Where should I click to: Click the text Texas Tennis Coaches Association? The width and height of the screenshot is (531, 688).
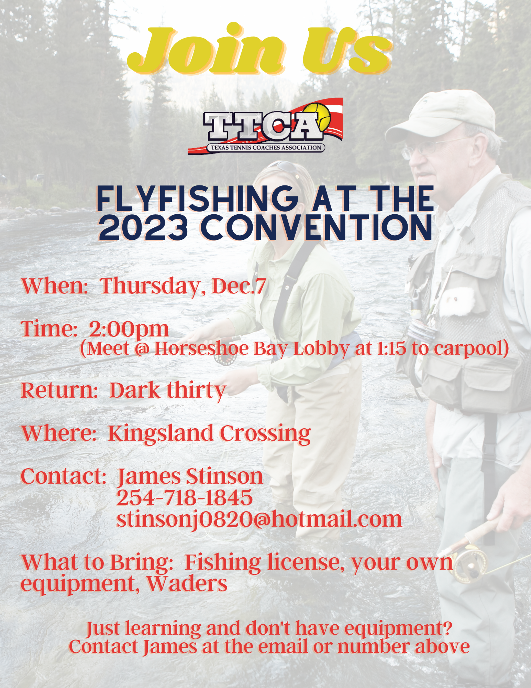pyautogui.click(x=266, y=148)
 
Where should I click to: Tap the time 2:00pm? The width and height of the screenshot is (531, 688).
pyautogui.click(x=129, y=329)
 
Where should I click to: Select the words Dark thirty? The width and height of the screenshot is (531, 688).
pyautogui.click(x=168, y=390)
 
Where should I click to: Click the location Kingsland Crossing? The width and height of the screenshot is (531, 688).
pyautogui.click(x=209, y=433)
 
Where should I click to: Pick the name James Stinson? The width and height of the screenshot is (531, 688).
pyautogui.click(x=190, y=477)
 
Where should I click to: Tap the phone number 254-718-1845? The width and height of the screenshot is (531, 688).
pyautogui.click(x=185, y=498)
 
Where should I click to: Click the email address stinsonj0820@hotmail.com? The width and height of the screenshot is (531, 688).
pyautogui.click(x=259, y=519)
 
